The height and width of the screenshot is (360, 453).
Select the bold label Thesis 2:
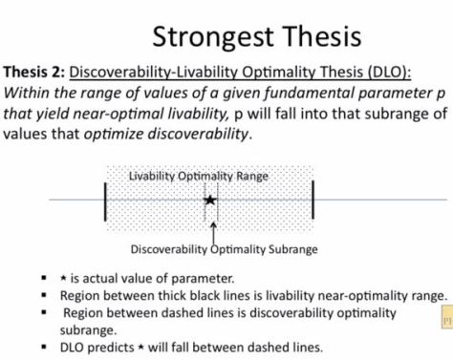[35, 73]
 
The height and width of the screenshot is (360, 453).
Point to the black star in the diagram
[210, 200]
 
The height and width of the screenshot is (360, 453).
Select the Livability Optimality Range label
[199, 176]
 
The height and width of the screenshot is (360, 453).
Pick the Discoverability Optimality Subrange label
[210, 250]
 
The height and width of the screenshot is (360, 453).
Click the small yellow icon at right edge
[444, 316]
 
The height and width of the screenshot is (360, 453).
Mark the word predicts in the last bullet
[120, 347]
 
